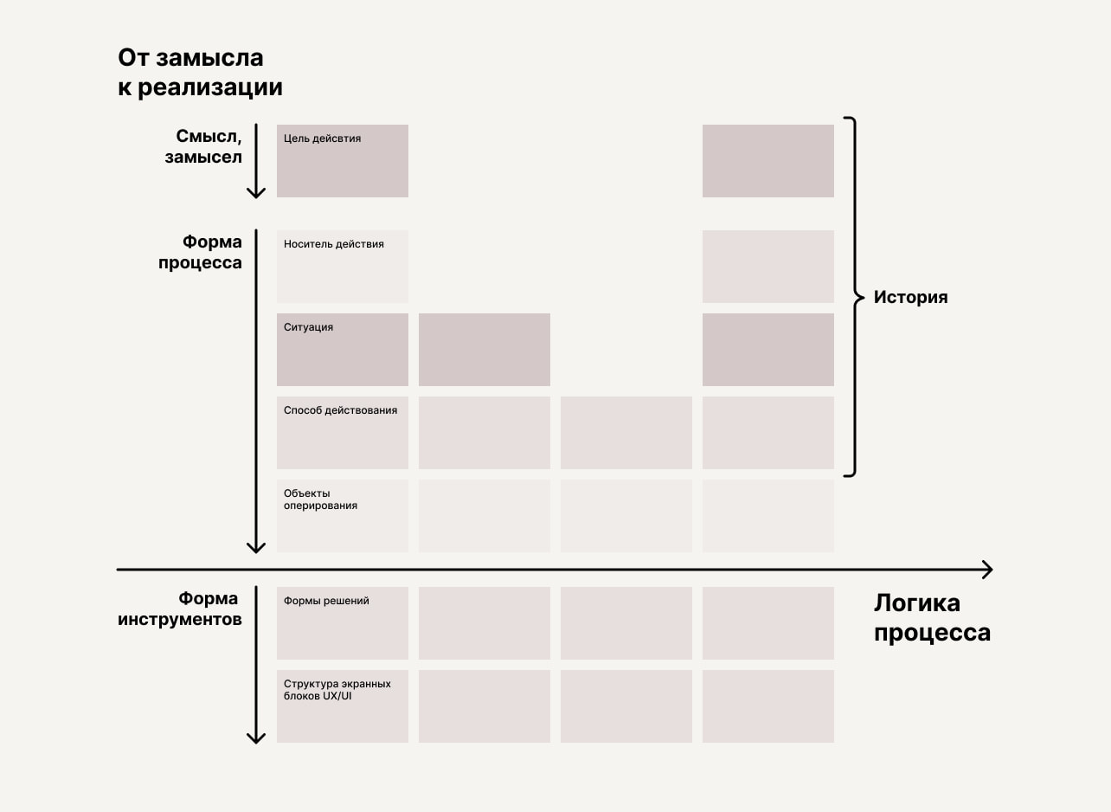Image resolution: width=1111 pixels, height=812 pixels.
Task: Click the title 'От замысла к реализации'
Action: pos(200,73)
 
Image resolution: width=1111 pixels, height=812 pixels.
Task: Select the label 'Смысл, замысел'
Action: pos(203,147)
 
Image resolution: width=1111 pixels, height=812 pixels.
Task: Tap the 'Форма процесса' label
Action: pos(200,252)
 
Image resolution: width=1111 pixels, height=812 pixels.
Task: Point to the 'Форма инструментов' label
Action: pos(180,609)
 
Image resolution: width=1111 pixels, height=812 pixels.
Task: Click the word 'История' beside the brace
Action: pos(910,298)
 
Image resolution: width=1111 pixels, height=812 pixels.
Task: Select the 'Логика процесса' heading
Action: pos(932,618)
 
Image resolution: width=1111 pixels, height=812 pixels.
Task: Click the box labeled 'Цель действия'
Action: pos(343,161)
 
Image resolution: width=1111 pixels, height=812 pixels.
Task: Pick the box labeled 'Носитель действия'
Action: pos(343,266)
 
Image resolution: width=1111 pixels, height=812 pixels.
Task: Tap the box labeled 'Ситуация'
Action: pos(343,349)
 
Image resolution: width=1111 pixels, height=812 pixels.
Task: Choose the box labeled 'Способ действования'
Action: pos(343,432)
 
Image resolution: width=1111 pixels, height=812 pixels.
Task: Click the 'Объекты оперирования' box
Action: pos(343,515)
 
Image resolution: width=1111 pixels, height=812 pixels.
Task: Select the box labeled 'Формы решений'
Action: pos(343,622)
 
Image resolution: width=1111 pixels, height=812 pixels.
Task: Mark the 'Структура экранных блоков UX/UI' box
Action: pos(343,706)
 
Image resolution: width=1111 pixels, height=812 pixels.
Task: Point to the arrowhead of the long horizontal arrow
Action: pos(986,570)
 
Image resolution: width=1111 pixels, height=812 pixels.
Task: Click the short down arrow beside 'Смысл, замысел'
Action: pos(256,162)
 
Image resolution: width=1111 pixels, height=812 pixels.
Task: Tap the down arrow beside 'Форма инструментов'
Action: pos(256,665)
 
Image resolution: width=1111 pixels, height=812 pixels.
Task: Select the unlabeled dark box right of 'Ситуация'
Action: pos(485,349)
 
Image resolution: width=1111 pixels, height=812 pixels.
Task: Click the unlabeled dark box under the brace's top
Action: pos(768,161)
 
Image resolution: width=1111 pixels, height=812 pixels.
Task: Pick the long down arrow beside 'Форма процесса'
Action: pos(256,390)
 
